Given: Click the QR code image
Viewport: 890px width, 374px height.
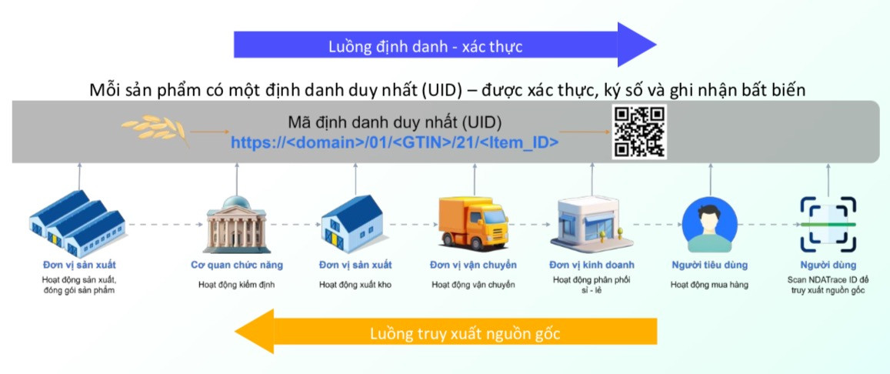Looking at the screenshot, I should pos(638,132).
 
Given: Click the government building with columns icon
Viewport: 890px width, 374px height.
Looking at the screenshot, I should pos(236,225).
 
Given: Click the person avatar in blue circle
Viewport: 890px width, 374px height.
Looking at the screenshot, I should pos(709,225).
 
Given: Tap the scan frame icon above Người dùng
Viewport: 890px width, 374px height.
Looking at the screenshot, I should pos(828,224).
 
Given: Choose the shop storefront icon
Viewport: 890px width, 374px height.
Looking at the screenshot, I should pos(591,222).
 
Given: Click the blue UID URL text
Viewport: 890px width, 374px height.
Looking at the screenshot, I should pos(395,142).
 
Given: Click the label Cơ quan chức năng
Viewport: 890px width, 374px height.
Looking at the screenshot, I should pos(236,265).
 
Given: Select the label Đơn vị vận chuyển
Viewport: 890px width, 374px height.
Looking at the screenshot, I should pos(473,265).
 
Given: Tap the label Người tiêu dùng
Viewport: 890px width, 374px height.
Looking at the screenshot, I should pos(709,265).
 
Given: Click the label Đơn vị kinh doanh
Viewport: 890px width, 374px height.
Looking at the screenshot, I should pos(591,265).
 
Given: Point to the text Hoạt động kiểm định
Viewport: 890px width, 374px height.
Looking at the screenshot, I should pos(236,285).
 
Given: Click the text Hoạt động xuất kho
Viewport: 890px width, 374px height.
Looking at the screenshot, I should pos(355,285).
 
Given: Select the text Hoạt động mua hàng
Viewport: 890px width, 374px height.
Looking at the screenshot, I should pos(709,285).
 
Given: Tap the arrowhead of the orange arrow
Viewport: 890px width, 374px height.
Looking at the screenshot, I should pos(255,332).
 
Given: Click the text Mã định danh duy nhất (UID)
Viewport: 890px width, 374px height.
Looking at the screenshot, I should pos(395,123).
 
